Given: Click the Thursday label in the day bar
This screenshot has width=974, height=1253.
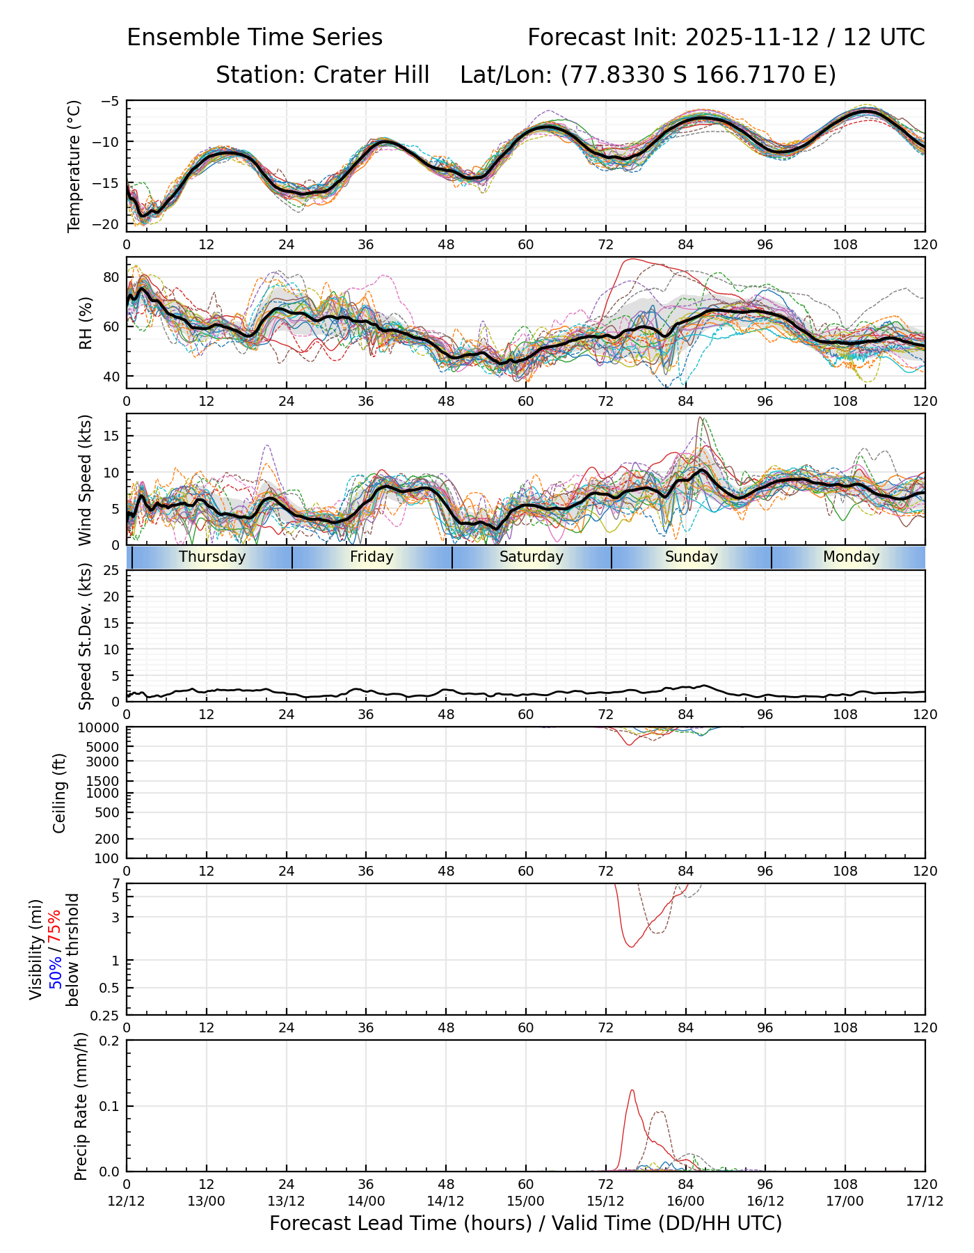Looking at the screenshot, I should pyautogui.click(x=212, y=557).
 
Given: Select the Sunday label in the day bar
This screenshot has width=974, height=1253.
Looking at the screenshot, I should pyautogui.click(x=691, y=557).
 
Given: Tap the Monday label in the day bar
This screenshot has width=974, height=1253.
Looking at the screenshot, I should pyautogui.click(x=851, y=557).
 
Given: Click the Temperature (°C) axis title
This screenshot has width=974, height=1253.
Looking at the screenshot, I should pyautogui.click(x=74, y=166).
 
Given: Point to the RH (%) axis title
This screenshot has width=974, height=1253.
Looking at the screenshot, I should pyautogui.click(x=86, y=323).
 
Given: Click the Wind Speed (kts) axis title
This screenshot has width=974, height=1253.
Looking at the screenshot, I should pyautogui.click(x=86, y=480).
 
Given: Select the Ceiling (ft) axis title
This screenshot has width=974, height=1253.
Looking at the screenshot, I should pyautogui.click(x=60, y=793).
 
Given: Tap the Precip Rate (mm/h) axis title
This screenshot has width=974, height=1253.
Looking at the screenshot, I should pyautogui.click(x=81, y=1106).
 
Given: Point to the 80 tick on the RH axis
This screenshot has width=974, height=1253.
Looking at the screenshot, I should pyautogui.click(x=111, y=277).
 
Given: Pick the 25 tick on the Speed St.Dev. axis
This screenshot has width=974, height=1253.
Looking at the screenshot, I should pyautogui.click(x=111, y=571).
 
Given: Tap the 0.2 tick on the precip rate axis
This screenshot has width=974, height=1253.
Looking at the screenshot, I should pyautogui.click(x=109, y=1041).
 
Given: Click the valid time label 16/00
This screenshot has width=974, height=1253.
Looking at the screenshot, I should pyautogui.click(x=685, y=1201).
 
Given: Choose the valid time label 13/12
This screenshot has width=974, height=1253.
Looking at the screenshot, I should pyautogui.click(x=286, y=1201).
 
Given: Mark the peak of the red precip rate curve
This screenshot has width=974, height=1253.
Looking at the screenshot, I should pyautogui.click(x=632, y=1090).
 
